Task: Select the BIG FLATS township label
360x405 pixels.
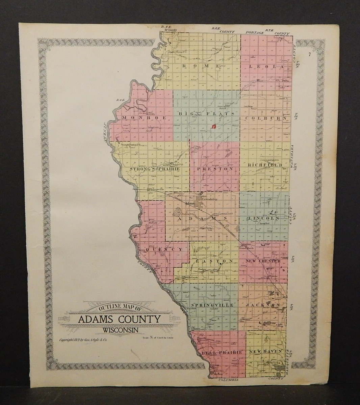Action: tap(206, 114)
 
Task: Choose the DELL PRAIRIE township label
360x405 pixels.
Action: tap(222, 352)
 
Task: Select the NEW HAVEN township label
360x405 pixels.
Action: tap(265, 352)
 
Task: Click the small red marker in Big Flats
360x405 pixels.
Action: tap(213, 127)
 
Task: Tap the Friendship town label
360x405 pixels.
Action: tap(209, 199)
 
